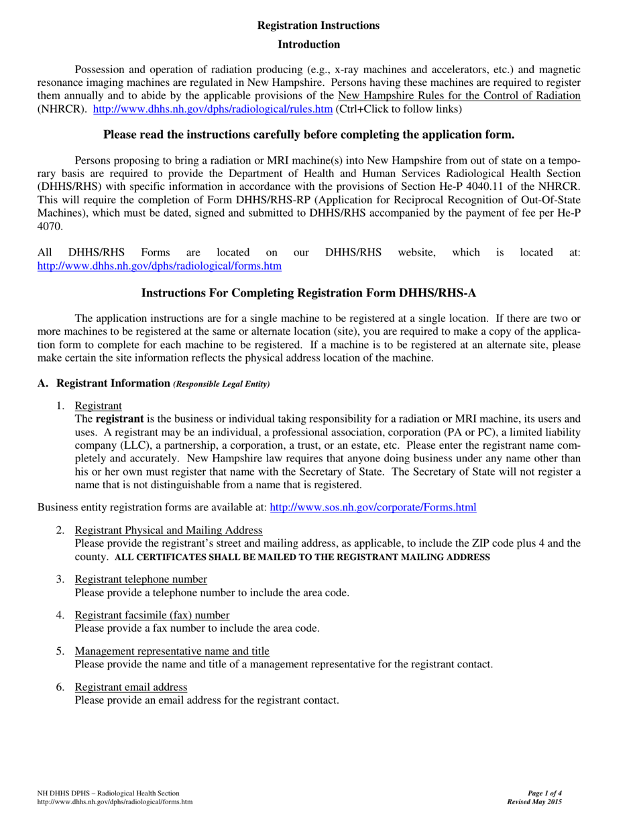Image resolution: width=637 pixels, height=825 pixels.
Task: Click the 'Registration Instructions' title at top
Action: [318, 25]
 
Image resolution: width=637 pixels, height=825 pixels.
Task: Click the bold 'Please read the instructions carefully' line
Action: [308, 135]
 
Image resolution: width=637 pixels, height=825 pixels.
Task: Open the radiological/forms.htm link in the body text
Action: [159, 266]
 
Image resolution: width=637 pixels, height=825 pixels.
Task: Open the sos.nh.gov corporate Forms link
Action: [372, 508]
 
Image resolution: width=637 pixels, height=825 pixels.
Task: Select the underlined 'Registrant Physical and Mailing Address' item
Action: [168, 531]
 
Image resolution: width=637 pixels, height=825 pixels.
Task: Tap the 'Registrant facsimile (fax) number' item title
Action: [152, 615]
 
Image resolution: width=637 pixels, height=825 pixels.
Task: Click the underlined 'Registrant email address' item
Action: [131, 687]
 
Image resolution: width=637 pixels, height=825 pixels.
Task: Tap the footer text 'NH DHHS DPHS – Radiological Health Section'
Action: [108, 793]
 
